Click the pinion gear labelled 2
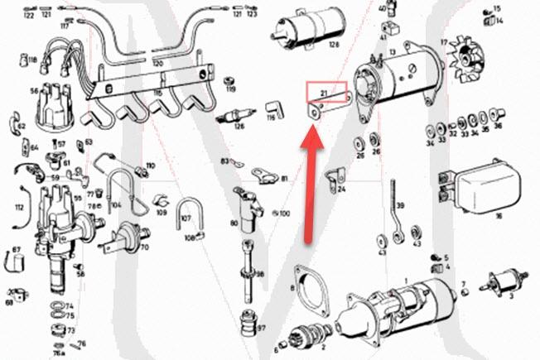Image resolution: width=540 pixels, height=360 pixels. (296, 336)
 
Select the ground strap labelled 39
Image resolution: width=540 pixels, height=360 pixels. (394, 218)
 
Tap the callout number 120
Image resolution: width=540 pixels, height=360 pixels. (157, 62)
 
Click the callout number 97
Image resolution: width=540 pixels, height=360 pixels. (261, 329)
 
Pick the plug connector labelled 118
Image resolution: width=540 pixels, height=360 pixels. (33, 60)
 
